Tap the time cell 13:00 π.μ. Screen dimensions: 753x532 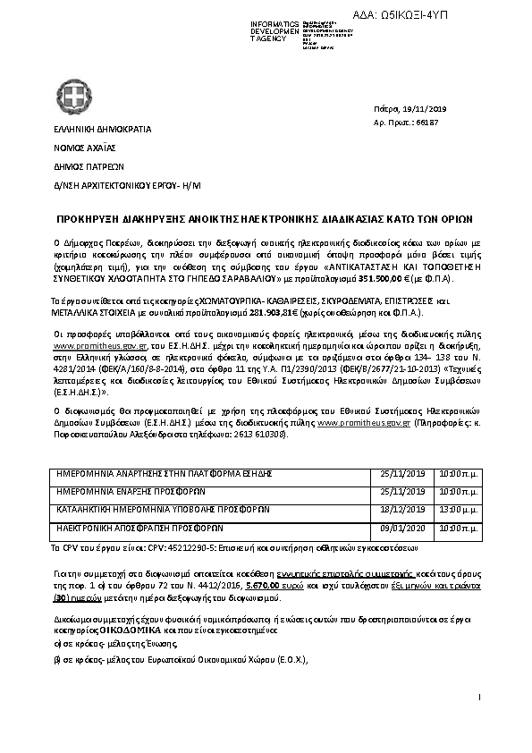tap(461, 491)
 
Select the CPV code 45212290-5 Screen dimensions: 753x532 tap(173, 545)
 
